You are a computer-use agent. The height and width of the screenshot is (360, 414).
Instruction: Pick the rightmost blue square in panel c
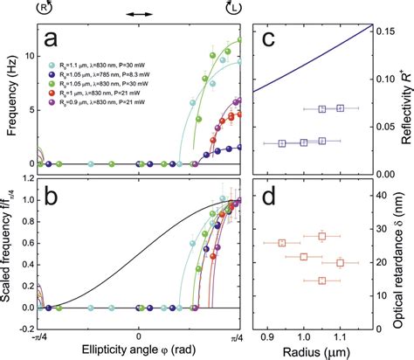[x=341, y=108]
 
